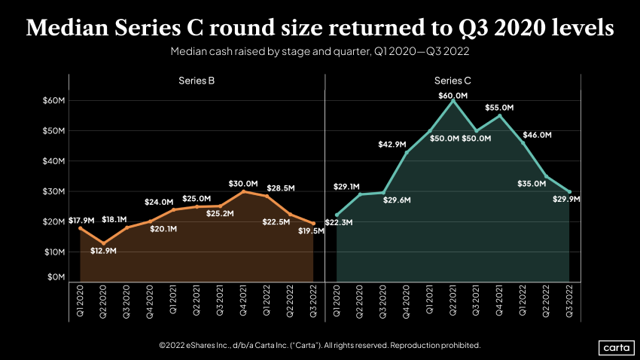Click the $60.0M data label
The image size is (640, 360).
(x=453, y=96)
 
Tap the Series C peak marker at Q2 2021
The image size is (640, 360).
(x=453, y=101)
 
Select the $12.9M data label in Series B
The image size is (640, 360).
(x=104, y=250)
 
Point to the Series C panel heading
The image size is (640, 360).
(x=453, y=81)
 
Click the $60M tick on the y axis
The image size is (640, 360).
(x=54, y=100)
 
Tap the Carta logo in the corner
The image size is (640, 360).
(x=614, y=346)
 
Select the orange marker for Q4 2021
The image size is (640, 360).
(x=243, y=191)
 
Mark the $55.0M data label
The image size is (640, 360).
(x=499, y=108)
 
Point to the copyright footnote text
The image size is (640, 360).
(x=319, y=345)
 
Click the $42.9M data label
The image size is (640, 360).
(x=393, y=144)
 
